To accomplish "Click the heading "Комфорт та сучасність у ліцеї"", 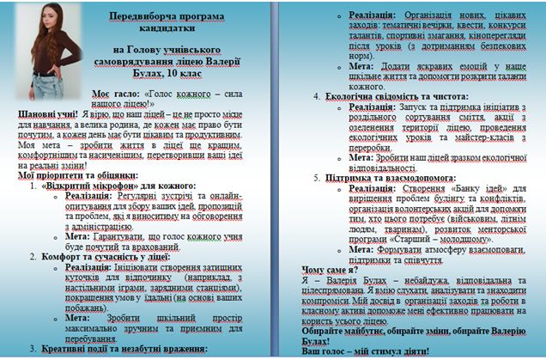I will point(99,255).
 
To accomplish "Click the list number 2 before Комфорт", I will point(33,255).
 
